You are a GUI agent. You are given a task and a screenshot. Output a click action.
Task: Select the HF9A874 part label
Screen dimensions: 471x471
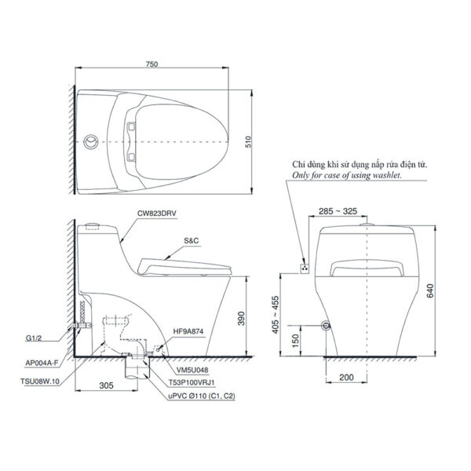point(188,332)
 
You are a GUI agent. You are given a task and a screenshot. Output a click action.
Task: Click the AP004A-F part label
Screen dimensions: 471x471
point(46,362)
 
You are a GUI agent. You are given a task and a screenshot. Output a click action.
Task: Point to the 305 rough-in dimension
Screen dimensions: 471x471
point(107,385)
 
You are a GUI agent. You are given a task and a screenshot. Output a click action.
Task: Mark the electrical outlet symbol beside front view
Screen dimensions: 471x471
point(305,267)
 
